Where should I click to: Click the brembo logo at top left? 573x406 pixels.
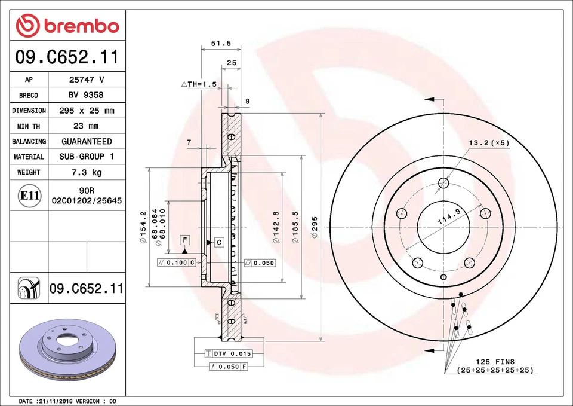tap(67, 26)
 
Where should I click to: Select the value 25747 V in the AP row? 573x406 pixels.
tap(86, 80)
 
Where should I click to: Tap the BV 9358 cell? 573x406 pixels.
tap(86, 95)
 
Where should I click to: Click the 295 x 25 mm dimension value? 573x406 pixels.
tap(86, 111)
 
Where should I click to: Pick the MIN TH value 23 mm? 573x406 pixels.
tap(86, 126)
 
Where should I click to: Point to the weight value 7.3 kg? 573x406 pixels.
tap(86, 172)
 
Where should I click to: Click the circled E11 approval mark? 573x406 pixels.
tap(29, 196)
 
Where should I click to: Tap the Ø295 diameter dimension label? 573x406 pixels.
tap(315, 228)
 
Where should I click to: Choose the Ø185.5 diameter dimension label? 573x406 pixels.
tap(295, 227)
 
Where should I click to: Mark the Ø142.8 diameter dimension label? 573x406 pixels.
tap(276, 227)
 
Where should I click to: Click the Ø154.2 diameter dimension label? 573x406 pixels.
tap(143, 228)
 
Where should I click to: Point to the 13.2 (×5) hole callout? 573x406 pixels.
tap(489, 143)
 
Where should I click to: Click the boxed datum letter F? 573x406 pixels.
tap(185, 240)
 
